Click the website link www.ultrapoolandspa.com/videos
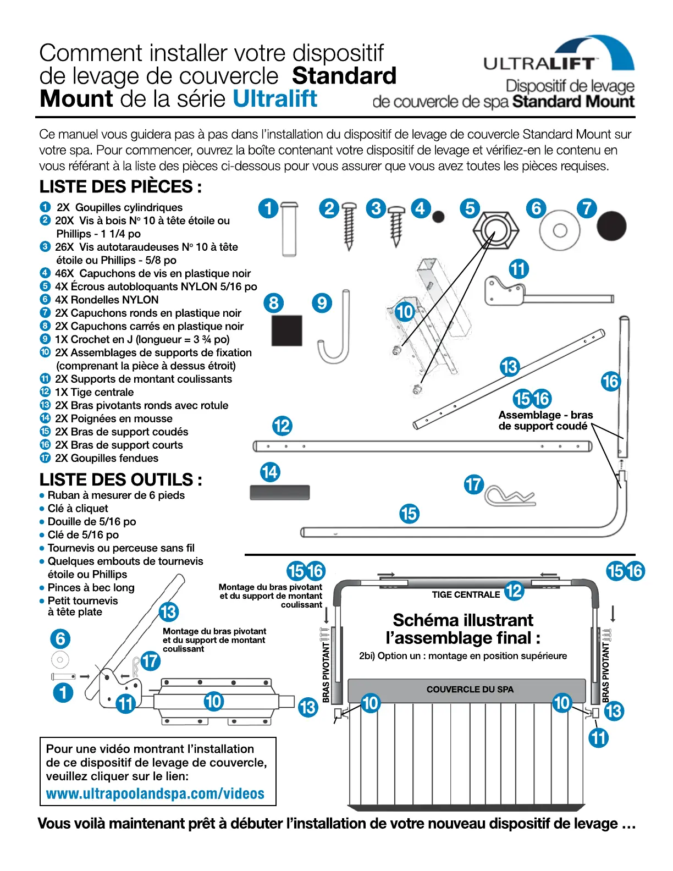click(x=155, y=793)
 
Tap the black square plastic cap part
click(x=287, y=330)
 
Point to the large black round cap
click(x=611, y=226)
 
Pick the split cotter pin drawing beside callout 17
click(x=509, y=497)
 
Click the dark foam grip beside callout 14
click(x=280, y=492)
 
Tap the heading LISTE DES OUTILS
click(x=120, y=479)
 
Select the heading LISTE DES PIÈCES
click(x=120, y=187)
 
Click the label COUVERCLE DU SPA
click(x=470, y=690)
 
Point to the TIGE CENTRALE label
click(x=466, y=594)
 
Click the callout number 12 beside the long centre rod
click(x=282, y=426)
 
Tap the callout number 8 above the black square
click(x=274, y=302)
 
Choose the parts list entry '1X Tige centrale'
click(x=94, y=392)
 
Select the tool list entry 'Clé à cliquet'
click(x=78, y=508)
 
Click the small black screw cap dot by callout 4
click(x=438, y=217)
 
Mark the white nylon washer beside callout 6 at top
click(x=560, y=230)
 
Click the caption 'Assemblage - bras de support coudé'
click(x=545, y=420)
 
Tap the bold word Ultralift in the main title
click(x=275, y=99)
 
